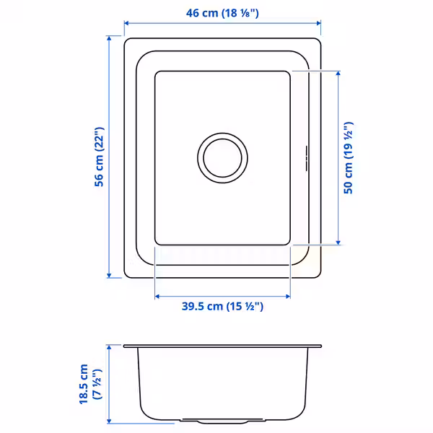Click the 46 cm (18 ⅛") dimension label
pyautogui.click(x=222, y=13)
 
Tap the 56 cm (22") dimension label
pyautogui.click(x=99, y=157)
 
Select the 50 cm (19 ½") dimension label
pyautogui.click(x=349, y=157)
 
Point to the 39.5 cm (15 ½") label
pyautogui.click(x=222, y=306)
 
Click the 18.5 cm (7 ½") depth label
pyautogui.click(x=91, y=384)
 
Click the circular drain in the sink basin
pyautogui.click(x=222, y=158)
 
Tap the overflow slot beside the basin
pyautogui.click(x=307, y=158)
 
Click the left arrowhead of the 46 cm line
pyautogui.click(x=126, y=23)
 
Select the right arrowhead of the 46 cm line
pyautogui.click(x=319, y=23)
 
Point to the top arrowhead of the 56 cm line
pyautogui.click(x=109, y=38)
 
